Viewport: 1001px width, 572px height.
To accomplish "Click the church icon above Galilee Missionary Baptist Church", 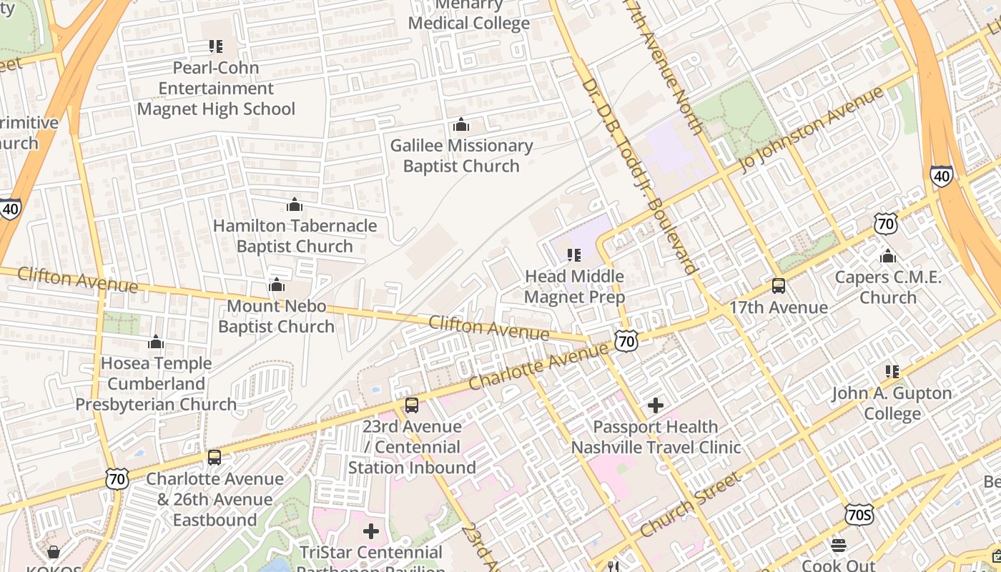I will pyautogui.click(x=461, y=125).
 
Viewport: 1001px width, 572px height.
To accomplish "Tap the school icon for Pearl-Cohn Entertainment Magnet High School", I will pyautogui.click(x=215, y=46).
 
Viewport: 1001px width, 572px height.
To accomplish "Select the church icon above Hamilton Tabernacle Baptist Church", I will pyautogui.click(x=295, y=205).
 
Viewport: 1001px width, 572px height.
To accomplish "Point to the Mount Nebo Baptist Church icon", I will pyautogui.click(x=277, y=285).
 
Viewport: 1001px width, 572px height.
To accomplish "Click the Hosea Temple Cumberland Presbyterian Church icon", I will pyautogui.click(x=156, y=342).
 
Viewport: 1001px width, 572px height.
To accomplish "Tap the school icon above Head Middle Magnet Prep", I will pyautogui.click(x=574, y=255).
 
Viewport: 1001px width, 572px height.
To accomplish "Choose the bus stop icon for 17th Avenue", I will pyautogui.click(x=779, y=286).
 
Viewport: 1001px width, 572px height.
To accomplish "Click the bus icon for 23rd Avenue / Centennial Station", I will pyautogui.click(x=412, y=405).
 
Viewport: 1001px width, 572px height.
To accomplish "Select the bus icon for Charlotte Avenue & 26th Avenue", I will pyautogui.click(x=214, y=458).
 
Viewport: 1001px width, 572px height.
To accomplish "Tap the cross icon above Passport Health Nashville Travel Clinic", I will pyautogui.click(x=656, y=406).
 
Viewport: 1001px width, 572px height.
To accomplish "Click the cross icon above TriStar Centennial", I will pyautogui.click(x=371, y=531).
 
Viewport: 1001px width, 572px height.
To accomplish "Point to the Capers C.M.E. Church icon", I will pyautogui.click(x=888, y=256).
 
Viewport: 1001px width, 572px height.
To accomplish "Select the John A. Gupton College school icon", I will pyautogui.click(x=892, y=372).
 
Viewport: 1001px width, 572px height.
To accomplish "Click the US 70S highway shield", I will pyautogui.click(x=858, y=514).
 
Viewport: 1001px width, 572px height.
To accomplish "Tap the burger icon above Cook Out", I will pyautogui.click(x=839, y=546).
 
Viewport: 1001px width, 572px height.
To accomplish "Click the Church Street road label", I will pyautogui.click(x=690, y=506).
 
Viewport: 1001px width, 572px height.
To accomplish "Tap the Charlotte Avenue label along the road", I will pyautogui.click(x=539, y=365).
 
